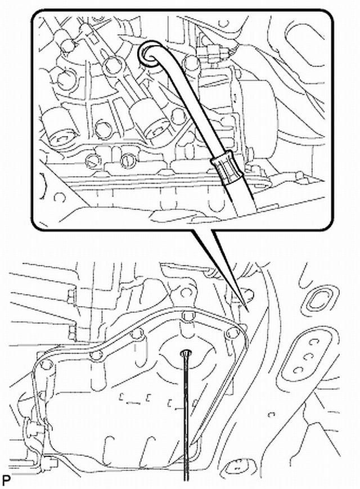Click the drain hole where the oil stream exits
(x=186, y=353)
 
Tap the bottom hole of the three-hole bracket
(x=298, y=370)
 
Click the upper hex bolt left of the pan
(x=70, y=295)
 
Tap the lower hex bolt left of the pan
(x=72, y=333)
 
